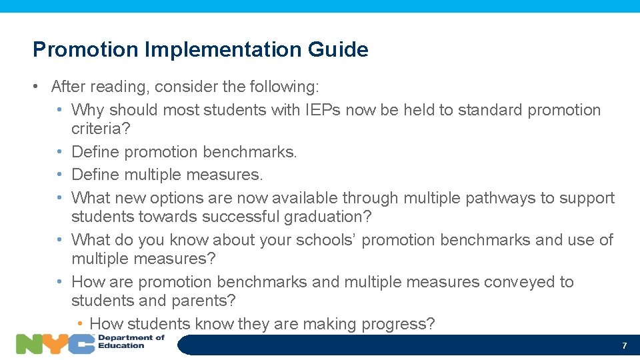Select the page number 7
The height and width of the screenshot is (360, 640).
coord(624,345)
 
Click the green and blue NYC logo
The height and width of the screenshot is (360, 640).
coord(55,343)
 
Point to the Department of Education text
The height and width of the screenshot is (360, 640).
coord(131,341)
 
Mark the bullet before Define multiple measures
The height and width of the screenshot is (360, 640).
coord(60,175)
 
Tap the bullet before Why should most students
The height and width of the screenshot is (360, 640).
coord(60,110)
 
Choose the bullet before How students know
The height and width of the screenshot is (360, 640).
coord(79,324)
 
